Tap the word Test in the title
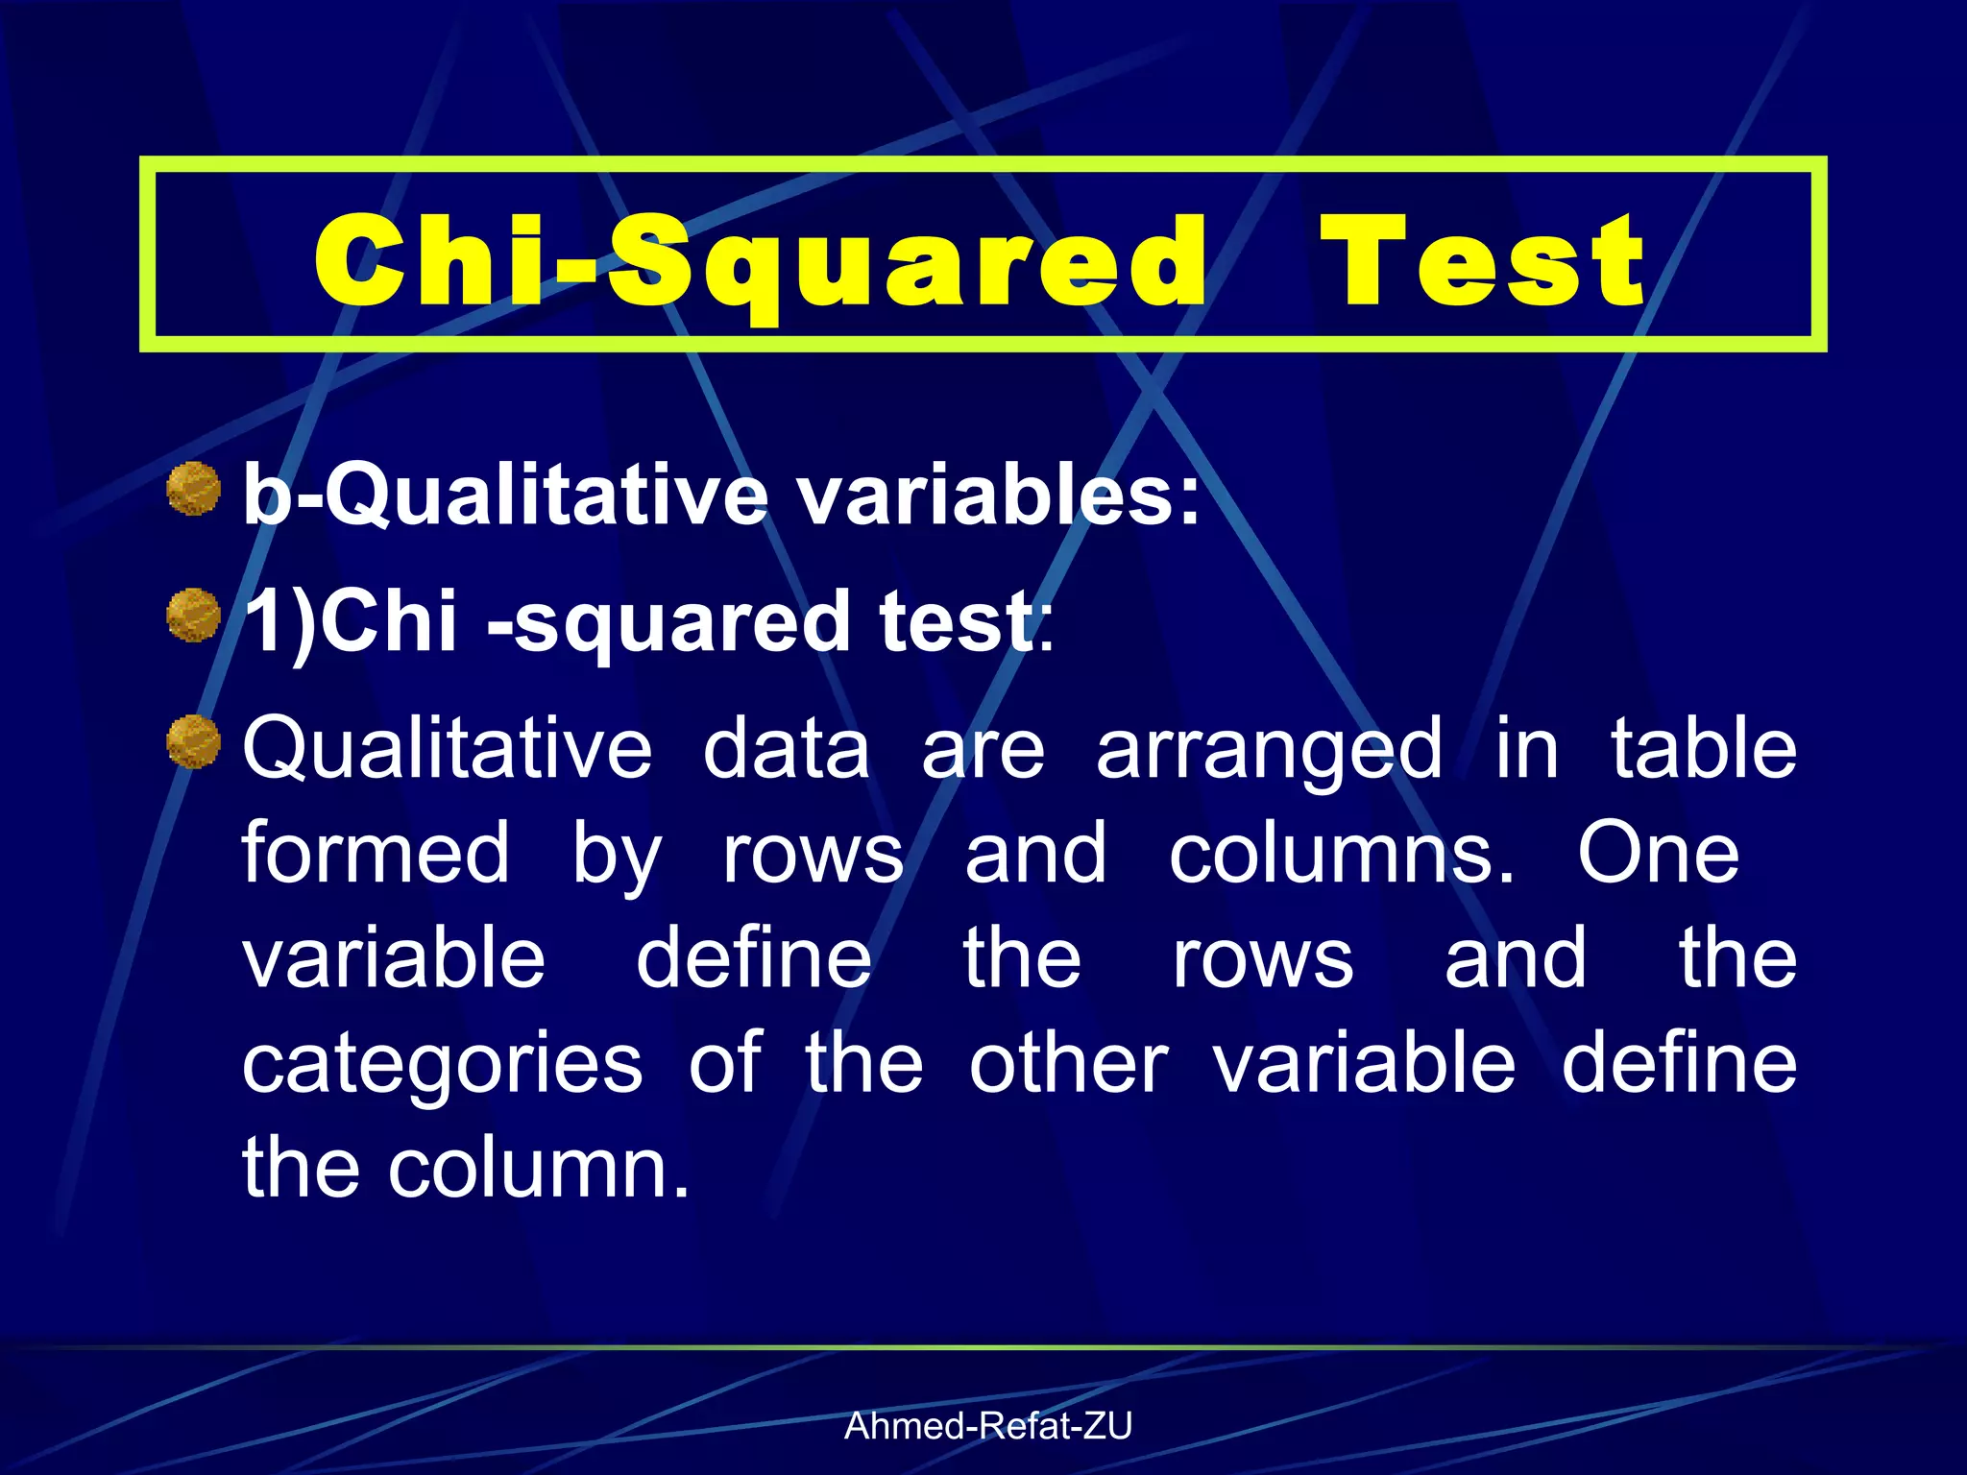pyautogui.click(x=1484, y=261)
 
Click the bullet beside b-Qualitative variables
pyautogui.click(x=194, y=489)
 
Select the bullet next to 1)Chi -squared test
pyautogui.click(x=194, y=616)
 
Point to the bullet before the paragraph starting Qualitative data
pyautogui.click(x=194, y=742)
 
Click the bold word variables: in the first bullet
pyautogui.click(x=999, y=496)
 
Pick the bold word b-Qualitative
pyautogui.click(x=505, y=496)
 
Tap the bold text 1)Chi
pyautogui.click(x=350, y=621)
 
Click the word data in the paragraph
pyautogui.click(x=787, y=749)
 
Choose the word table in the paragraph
pyautogui.click(x=1703, y=749)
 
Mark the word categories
pyautogui.click(x=442, y=1066)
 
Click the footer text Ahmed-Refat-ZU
pyautogui.click(x=987, y=1426)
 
